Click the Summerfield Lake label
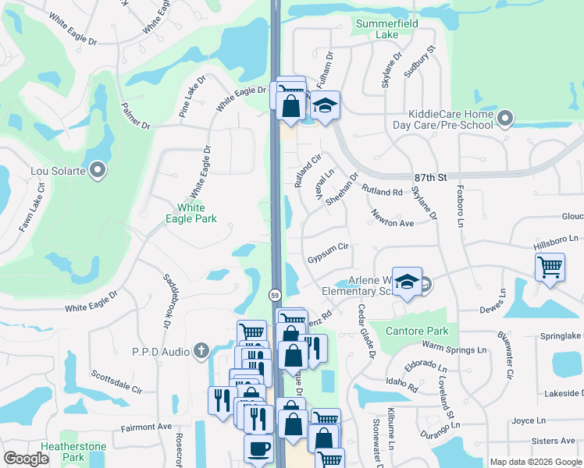coord(386,29)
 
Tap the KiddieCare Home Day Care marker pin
coord(505,119)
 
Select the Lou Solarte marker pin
coord(98,169)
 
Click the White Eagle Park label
coord(191,214)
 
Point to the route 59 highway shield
coord(276,295)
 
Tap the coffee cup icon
coord(258,449)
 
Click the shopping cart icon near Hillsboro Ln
coord(550,266)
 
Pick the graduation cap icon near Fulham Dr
coord(325,105)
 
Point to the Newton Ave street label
coord(392,218)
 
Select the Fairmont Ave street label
coord(146,427)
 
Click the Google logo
coord(27,459)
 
